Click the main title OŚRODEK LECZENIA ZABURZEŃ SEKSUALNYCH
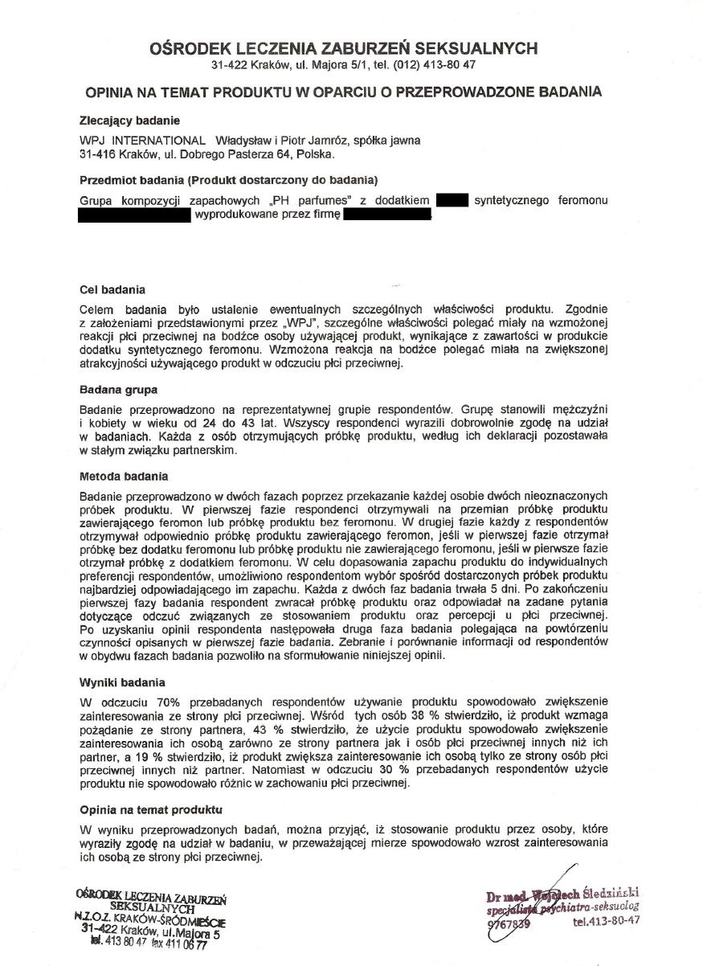[344, 49]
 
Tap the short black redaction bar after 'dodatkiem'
[452, 199]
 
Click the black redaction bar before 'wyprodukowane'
[134, 215]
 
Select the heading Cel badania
[112, 289]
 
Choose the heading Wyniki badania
[121, 682]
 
